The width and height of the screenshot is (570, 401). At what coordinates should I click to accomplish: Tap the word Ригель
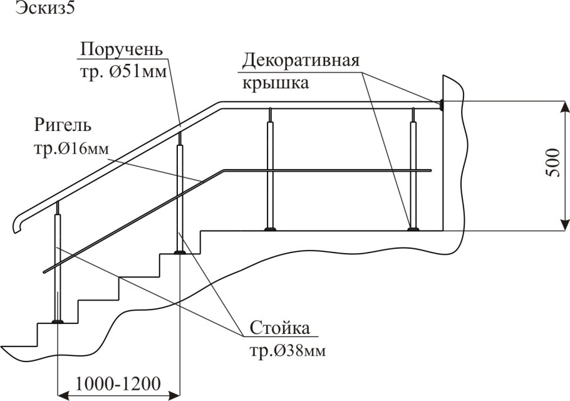(63, 124)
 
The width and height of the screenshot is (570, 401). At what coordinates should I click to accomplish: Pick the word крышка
(275, 83)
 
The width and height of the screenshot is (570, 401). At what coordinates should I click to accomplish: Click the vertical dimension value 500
(552, 164)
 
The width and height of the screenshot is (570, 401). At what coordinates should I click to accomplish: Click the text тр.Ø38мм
(287, 348)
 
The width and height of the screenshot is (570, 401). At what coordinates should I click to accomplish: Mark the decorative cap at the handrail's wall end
(442, 105)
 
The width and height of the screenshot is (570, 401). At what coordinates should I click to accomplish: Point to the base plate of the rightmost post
(413, 229)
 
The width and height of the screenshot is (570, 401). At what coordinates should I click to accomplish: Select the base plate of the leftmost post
(58, 321)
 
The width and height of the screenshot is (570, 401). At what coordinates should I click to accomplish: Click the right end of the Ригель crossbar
(431, 170)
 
